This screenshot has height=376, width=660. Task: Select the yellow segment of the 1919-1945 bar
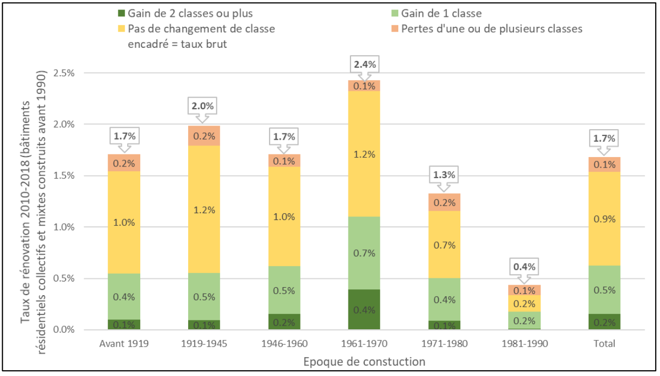tap(204, 209)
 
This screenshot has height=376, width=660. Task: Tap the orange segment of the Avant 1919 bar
tap(124, 163)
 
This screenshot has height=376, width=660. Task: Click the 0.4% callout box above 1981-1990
tap(524, 267)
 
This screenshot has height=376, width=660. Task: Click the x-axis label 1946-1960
tap(284, 344)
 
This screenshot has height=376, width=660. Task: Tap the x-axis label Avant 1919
tap(124, 344)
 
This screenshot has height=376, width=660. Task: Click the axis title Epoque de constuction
tap(364, 361)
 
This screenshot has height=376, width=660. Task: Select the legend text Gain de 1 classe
tap(441, 14)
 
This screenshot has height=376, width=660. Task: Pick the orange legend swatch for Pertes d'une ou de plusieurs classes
tap(395, 29)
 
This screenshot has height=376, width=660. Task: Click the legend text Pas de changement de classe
tap(201, 29)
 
